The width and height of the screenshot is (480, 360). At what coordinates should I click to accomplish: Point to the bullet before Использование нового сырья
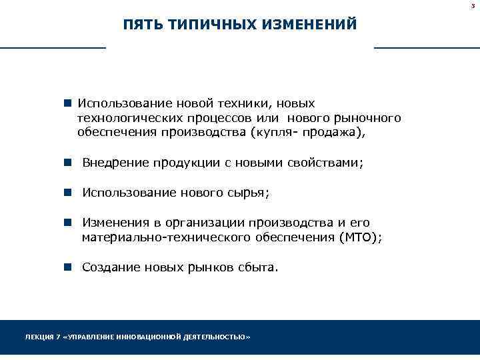pos(67,193)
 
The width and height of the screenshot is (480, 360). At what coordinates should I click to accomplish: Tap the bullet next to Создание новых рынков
pos(67,267)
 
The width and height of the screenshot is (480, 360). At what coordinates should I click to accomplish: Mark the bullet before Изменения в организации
pos(67,223)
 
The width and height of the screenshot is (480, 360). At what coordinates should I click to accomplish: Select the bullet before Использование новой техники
pos(67,104)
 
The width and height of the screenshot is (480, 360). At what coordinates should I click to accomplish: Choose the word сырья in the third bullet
pos(251,193)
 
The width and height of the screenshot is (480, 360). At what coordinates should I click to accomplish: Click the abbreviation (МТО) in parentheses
pos(361,237)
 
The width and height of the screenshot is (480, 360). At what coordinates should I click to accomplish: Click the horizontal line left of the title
pos(53,48)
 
